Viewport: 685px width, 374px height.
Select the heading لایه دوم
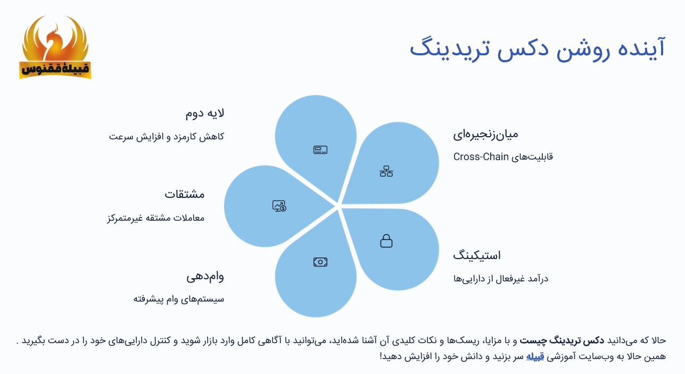tap(205, 113)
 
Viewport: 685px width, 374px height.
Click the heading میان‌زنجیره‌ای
tap(485, 134)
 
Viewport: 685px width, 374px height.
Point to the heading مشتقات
tap(184, 194)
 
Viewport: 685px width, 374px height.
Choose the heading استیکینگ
tap(477, 255)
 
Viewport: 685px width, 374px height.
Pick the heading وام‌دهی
tap(205, 277)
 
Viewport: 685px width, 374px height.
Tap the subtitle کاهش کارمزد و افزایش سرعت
tap(167, 137)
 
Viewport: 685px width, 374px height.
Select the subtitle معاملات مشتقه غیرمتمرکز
tap(156, 218)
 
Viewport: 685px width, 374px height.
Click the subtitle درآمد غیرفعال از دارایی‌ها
tap(501, 279)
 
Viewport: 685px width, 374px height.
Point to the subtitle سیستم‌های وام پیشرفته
tap(178, 299)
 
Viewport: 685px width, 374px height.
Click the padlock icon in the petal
tap(386, 241)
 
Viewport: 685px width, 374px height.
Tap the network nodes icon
tap(386, 171)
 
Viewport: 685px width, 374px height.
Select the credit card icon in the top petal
tap(320, 150)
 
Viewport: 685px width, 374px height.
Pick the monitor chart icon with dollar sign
tap(279, 206)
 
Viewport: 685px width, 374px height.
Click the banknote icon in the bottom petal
tap(320, 262)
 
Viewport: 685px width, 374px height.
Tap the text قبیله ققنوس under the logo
tap(55, 69)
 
